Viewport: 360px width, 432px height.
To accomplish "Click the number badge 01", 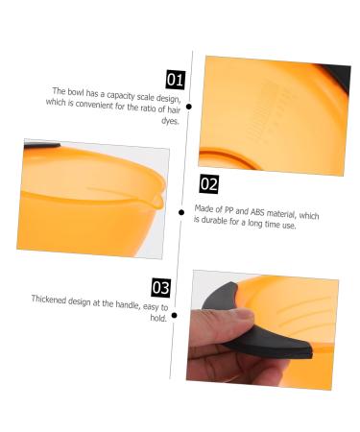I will point(176,79).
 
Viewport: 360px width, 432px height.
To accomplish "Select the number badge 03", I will point(162,287).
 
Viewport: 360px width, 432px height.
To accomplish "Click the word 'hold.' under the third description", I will point(156,318).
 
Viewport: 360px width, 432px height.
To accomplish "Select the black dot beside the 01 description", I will point(190,108).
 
